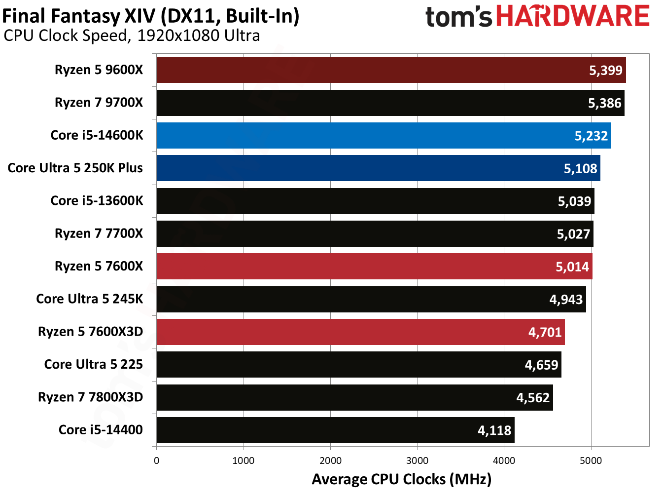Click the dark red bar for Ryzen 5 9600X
tap(370, 70)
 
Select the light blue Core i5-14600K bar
tap(370, 136)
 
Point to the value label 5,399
tap(606, 70)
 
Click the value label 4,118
tap(494, 430)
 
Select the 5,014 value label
tap(572, 267)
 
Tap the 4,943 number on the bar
tap(566, 300)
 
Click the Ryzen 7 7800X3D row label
tap(91, 397)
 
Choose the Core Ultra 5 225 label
tap(94, 364)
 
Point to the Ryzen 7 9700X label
tap(99, 103)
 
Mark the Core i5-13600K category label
tap(97, 201)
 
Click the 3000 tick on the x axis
tap(417, 461)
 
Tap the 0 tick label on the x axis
tap(157, 461)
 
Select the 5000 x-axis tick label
tap(591, 461)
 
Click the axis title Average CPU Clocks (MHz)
tap(401, 479)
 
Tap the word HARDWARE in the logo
tap(572, 16)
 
